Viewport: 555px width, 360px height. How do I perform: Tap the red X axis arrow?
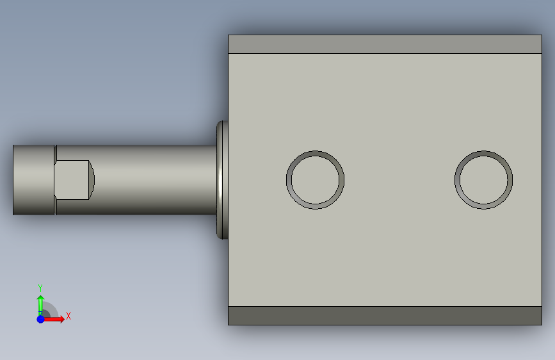tap(54, 319)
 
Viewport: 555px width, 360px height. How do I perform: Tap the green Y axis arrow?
tap(40, 304)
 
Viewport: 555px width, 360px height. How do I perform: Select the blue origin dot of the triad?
tap(40, 319)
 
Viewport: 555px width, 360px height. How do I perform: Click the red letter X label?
tap(68, 316)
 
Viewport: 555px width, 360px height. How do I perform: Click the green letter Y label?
tap(40, 288)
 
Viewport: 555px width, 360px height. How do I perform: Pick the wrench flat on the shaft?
tap(72, 180)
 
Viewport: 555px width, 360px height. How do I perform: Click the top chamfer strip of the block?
tap(385, 44)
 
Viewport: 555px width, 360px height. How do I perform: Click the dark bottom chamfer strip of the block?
tap(385, 315)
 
